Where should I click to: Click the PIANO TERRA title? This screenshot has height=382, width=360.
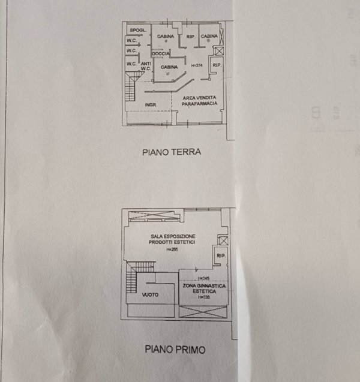click(171, 152)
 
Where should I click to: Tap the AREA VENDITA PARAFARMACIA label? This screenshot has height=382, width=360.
click(199, 100)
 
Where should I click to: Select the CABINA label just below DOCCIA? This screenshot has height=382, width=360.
click(169, 67)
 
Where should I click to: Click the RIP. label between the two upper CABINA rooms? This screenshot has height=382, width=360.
click(191, 37)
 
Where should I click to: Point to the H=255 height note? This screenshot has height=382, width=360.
click(173, 249)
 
